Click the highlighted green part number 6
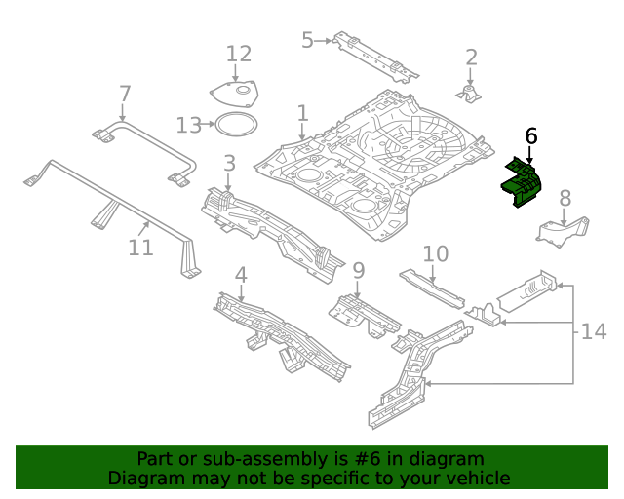click(525, 184)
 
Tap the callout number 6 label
click(530, 136)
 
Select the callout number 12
click(239, 54)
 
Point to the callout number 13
click(188, 125)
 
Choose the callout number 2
click(471, 57)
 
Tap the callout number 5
click(307, 40)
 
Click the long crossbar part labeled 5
click(375, 57)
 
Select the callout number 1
click(302, 113)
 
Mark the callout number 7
click(124, 94)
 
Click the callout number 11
click(140, 248)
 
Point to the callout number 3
click(229, 162)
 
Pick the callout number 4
click(240, 275)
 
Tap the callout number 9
click(358, 269)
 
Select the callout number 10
click(435, 254)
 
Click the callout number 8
click(565, 199)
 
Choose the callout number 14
click(594, 332)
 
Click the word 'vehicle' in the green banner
click(475, 478)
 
